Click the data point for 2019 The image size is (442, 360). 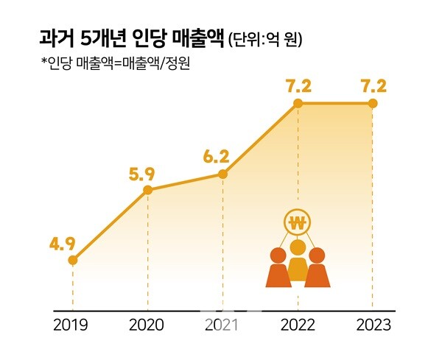(x=73, y=259)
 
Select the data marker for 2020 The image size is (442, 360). (x=147, y=190)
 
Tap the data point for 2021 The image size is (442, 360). (x=222, y=174)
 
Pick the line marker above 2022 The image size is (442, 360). (x=298, y=103)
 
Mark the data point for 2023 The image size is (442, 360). (x=373, y=103)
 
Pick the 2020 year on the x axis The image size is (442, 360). (x=147, y=325)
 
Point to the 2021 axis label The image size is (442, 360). (x=222, y=325)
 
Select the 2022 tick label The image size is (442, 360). (x=298, y=325)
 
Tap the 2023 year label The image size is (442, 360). (x=373, y=325)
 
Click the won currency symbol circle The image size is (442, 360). (x=298, y=222)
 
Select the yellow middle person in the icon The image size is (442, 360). (x=298, y=261)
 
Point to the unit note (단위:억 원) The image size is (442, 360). (x=265, y=38)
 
